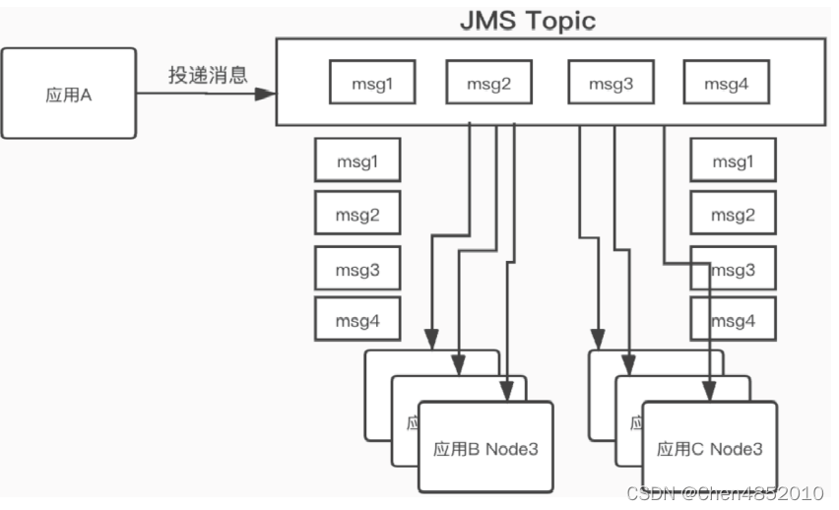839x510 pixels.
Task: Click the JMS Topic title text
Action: (x=529, y=20)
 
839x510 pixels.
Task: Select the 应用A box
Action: (x=68, y=95)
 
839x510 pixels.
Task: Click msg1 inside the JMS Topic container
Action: (x=371, y=83)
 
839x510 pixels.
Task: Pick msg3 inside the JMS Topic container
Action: (x=611, y=83)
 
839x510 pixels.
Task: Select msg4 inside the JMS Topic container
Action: (x=726, y=83)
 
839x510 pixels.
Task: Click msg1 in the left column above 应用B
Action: (x=357, y=160)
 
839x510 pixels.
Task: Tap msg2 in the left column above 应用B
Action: (x=357, y=214)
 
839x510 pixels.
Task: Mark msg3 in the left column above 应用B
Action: (x=357, y=267)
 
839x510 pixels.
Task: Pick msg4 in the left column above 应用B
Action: (x=357, y=320)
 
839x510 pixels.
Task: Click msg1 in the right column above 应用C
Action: (x=734, y=160)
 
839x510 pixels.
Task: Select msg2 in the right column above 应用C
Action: (x=734, y=214)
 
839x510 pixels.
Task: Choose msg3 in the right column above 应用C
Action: (x=734, y=267)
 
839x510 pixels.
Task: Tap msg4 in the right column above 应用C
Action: (x=734, y=320)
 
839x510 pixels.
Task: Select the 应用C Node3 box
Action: (x=709, y=448)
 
